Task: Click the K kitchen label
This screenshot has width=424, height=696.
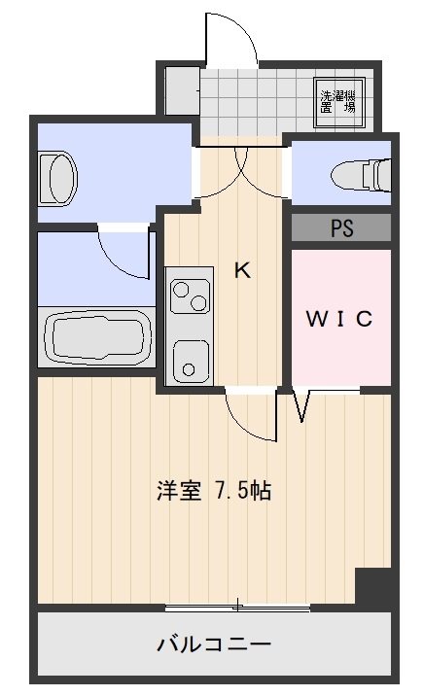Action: [242, 271]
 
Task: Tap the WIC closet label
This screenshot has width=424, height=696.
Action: [340, 320]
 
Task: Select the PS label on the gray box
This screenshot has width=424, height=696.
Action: [341, 228]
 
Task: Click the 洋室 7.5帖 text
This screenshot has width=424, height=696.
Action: [213, 491]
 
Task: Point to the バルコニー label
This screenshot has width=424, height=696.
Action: [213, 644]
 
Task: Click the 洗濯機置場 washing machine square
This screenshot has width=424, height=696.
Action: [338, 102]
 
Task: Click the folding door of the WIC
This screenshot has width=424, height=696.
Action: [300, 405]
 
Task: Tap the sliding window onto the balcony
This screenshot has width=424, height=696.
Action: [237, 608]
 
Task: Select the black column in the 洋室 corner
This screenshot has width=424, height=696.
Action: [374, 587]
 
